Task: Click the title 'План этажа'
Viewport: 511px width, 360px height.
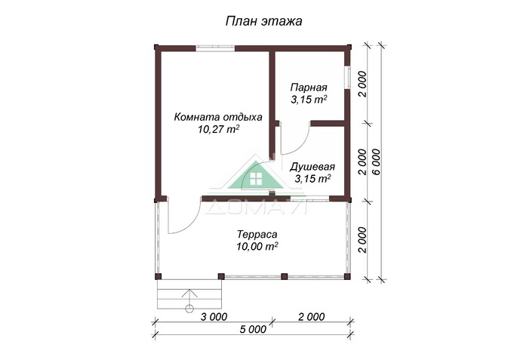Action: [263, 21]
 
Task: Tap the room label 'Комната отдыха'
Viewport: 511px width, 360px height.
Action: [218, 117]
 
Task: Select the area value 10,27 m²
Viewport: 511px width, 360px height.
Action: [218, 129]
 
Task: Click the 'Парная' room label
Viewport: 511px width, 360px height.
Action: [308, 87]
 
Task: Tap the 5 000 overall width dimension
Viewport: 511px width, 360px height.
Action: [251, 329]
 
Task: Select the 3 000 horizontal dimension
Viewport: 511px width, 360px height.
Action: [214, 316]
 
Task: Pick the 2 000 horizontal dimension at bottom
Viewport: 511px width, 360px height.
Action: [309, 316]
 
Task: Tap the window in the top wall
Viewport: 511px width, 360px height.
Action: [215, 48]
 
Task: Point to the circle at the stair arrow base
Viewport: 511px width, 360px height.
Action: [189, 308]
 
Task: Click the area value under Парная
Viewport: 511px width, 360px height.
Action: [308, 99]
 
